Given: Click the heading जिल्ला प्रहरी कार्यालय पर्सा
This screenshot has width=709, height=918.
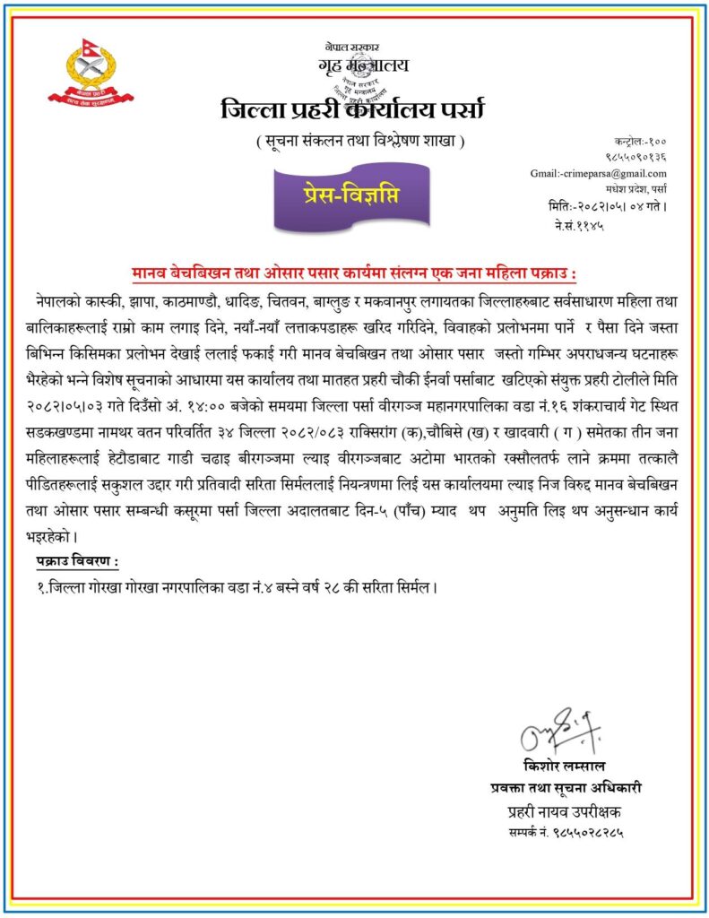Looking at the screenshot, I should coord(352,111).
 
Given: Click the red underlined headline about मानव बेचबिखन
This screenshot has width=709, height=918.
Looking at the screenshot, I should coord(355,273).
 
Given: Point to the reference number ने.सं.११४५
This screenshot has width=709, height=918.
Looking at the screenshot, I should coord(579,226).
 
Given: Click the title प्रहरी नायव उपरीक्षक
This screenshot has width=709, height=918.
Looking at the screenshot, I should coord(564,812).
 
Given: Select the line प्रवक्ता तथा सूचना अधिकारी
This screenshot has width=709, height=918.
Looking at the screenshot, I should coord(566,789).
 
